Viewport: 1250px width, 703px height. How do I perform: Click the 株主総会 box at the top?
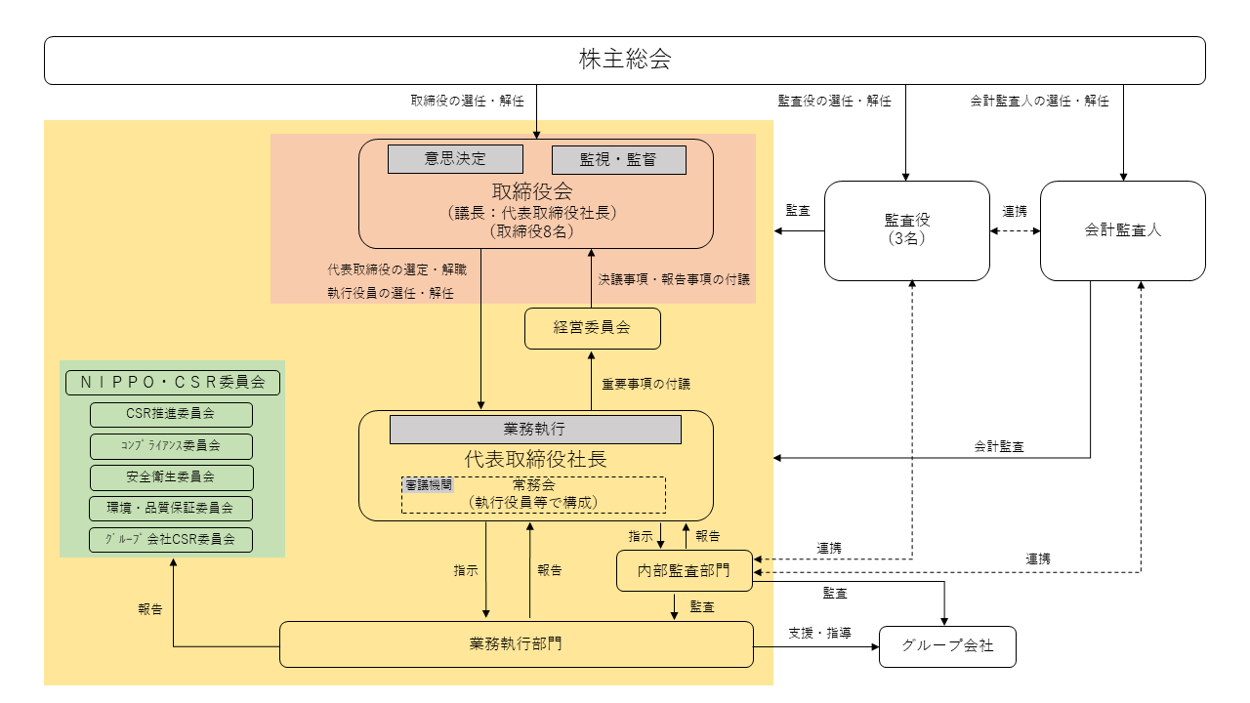click(625, 60)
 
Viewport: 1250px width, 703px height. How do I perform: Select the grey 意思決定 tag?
click(455, 159)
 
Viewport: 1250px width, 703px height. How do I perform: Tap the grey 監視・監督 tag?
click(619, 160)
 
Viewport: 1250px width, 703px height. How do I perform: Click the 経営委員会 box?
click(592, 328)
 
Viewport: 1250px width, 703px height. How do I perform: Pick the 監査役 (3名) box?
click(907, 230)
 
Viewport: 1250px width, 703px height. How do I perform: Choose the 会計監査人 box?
click(1122, 230)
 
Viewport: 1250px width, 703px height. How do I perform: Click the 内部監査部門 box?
click(685, 570)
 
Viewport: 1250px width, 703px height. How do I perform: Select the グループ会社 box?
click(947, 646)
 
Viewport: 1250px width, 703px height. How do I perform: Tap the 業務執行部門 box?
click(516, 644)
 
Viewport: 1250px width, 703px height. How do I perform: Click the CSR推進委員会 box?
click(171, 415)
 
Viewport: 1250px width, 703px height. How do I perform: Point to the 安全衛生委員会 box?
click(171, 477)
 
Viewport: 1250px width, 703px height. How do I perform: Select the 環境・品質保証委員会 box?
click(171, 509)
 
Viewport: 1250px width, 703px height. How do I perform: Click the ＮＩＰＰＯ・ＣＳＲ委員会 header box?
click(173, 383)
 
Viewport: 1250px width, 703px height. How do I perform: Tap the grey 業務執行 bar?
click(535, 430)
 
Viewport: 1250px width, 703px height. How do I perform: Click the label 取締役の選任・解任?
click(467, 101)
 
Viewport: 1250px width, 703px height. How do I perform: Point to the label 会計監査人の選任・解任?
click(1039, 101)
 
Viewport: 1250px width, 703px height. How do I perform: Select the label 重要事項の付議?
click(646, 384)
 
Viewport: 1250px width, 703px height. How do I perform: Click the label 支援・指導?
click(819, 633)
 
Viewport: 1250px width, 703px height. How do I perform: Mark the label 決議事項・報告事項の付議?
click(674, 279)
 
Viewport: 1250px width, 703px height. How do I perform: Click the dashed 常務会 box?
click(533, 494)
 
